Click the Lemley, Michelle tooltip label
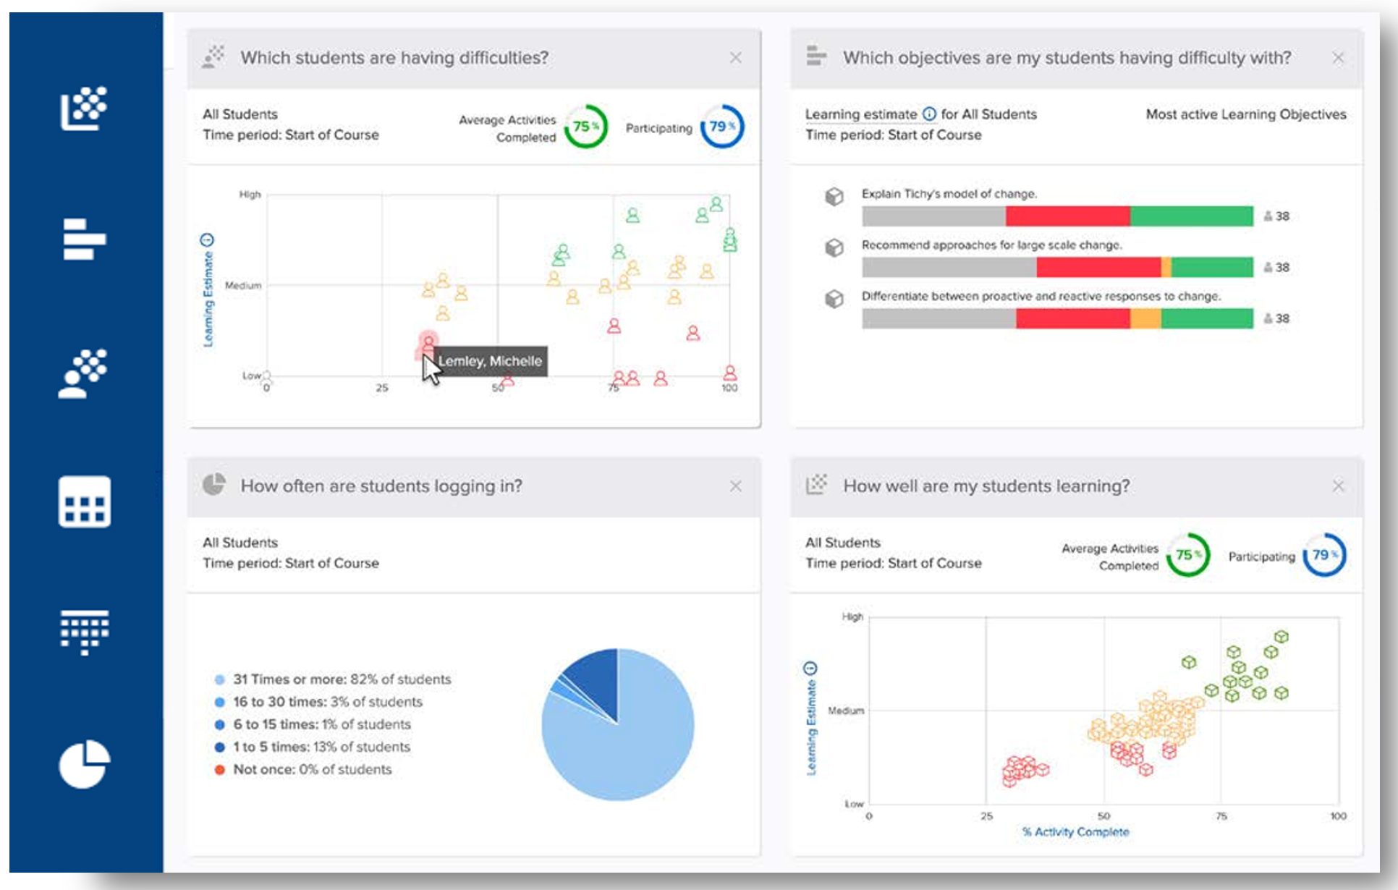(490, 361)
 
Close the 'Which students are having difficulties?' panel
(735, 58)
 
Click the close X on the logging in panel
(735, 486)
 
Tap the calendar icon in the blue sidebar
(85, 501)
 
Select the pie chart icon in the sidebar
(85, 764)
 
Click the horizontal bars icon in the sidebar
(84, 239)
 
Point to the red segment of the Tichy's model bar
(1067, 216)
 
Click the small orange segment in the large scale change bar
(1166, 268)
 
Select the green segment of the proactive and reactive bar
(1206, 319)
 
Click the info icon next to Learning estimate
(929, 114)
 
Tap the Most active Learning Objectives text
(1245, 114)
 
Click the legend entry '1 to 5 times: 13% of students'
(321, 747)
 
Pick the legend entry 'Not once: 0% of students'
(311, 769)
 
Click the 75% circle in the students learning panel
(1187, 555)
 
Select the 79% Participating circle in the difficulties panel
(721, 127)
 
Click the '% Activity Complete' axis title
(1075, 832)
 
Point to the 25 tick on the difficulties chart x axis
(382, 388)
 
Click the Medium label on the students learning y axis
(845, 711)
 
